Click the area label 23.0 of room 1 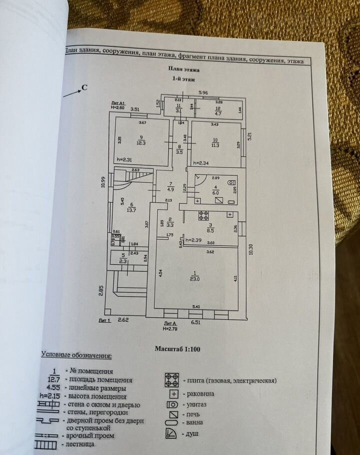pos(194,279)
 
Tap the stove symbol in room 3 pos(203,216)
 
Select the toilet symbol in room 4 pos(230,182)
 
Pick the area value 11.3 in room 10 pos(215,145)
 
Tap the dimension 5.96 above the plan pos(202,92)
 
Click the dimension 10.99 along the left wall pos(102,181)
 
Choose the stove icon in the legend pos(172,379)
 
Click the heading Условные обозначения pos(76,355)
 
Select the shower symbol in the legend pos(171,433)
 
